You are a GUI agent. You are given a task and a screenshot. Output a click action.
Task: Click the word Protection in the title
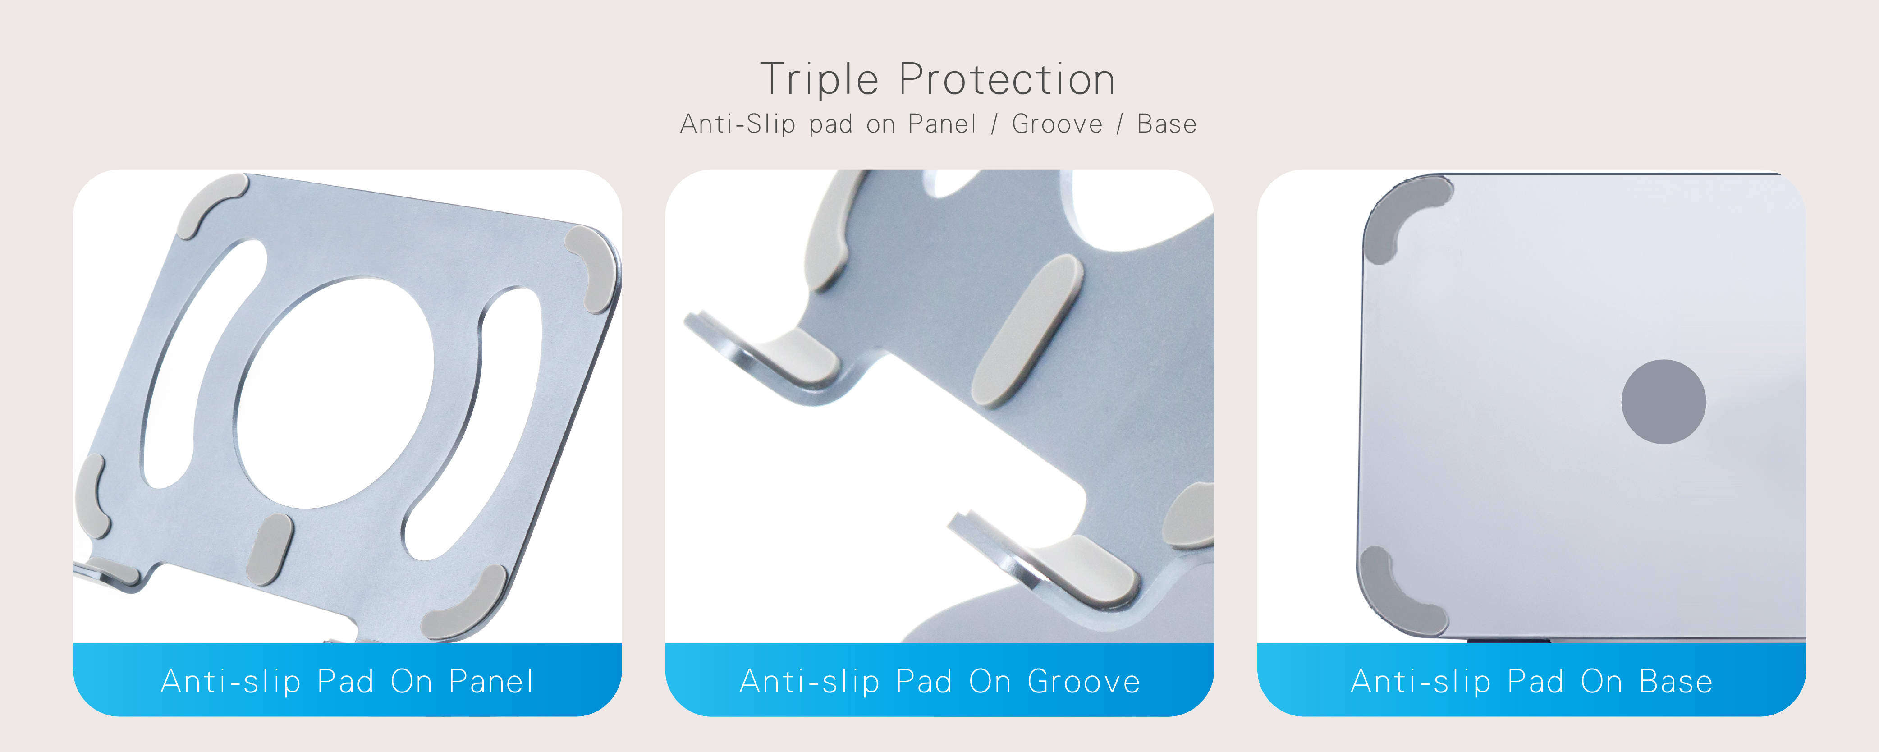(x=1007, y=79)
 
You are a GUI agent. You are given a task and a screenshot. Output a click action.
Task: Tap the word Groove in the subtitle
(x=1057, y=124)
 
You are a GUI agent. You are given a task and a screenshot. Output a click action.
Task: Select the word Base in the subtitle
(x=1167, y=124)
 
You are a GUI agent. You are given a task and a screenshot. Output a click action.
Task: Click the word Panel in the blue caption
(x=491, y=681)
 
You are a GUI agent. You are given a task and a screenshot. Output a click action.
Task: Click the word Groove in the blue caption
(x=1084, y=681)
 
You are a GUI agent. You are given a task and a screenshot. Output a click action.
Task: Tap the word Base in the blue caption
(x=1676, y=681)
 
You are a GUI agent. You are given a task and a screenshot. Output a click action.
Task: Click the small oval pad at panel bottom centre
(x=270, y=549)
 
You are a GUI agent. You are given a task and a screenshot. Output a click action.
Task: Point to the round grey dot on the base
(x=1663, y=402)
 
